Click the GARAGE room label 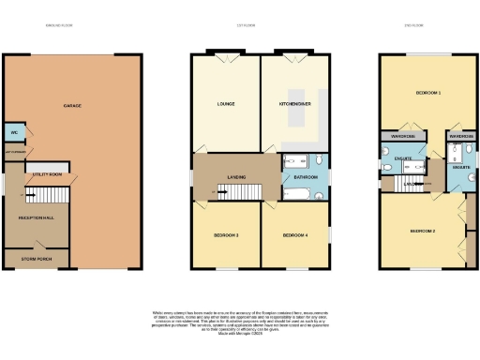point(72,106)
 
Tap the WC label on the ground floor point(13,132)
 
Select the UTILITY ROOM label point(49,174)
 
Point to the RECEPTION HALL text point(36,217)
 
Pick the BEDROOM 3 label point(224,234)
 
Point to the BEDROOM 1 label point(429,94)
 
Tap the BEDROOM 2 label point(422,230)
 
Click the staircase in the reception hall point(47,195)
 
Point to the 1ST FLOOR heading point(247,26)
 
